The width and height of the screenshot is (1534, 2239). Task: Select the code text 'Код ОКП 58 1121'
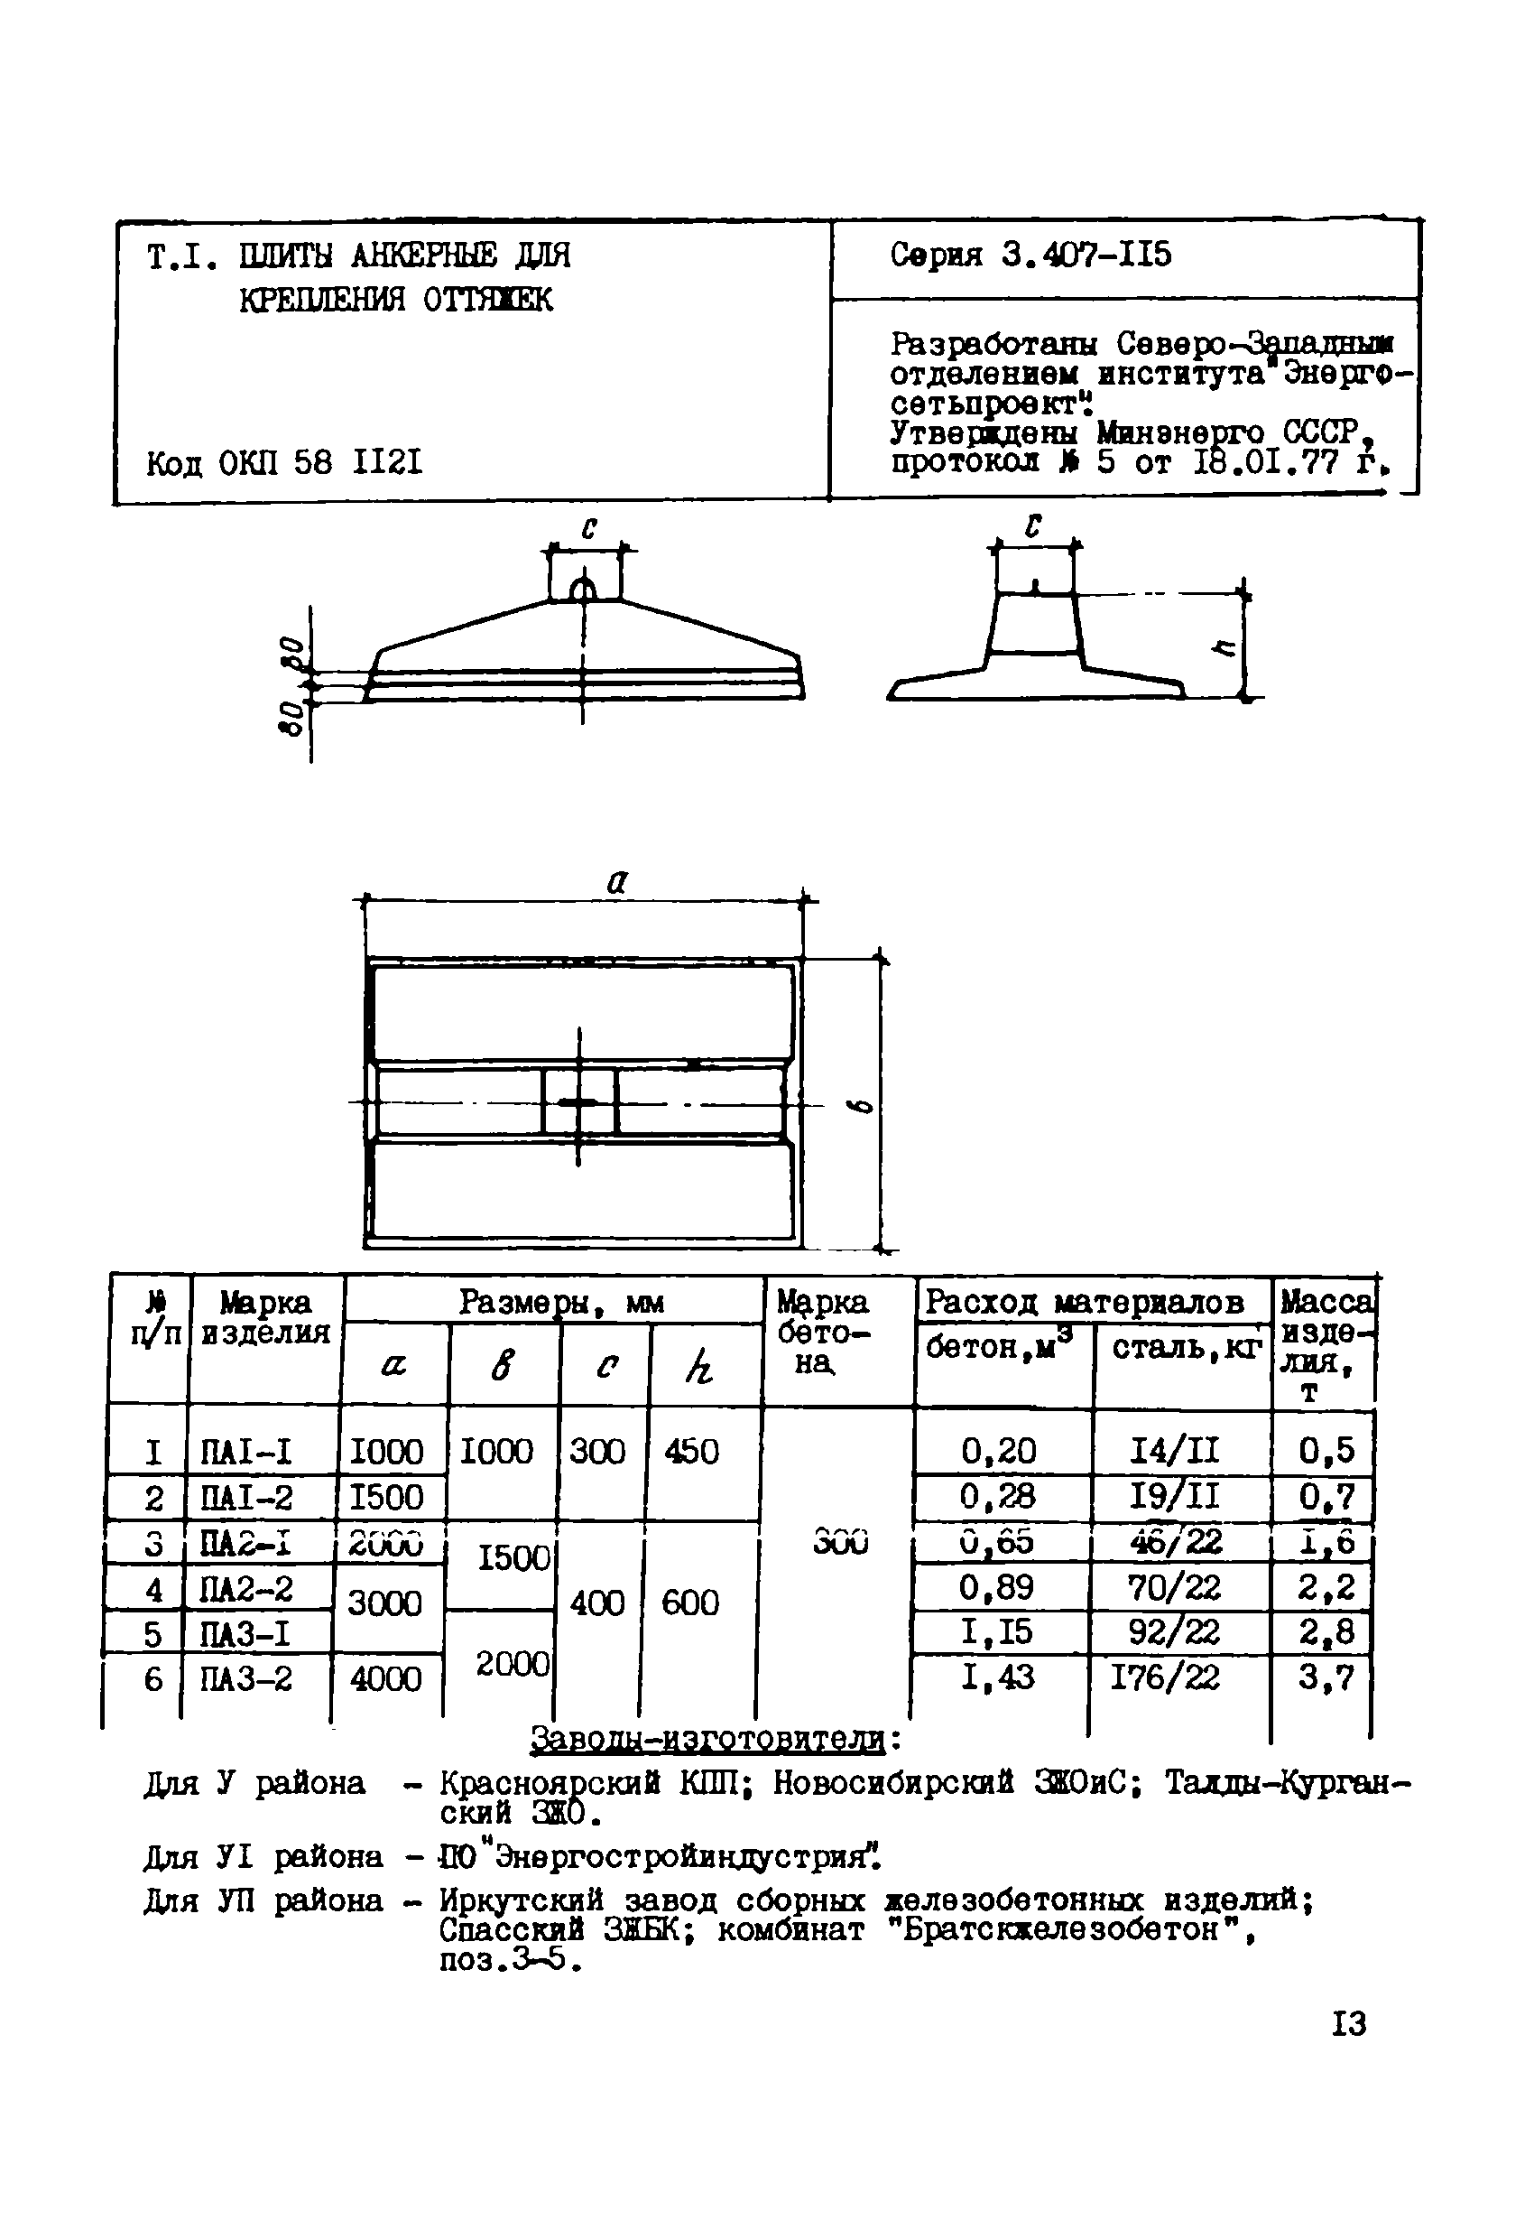[284, 463]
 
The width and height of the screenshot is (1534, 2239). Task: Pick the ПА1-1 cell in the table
[245, 1451]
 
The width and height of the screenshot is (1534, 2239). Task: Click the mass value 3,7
[1325, 1677]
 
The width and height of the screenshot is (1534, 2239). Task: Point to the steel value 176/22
[1164, 1677]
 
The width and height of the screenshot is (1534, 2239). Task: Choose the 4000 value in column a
[385, 1679]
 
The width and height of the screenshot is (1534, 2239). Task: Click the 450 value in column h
[691, 1451]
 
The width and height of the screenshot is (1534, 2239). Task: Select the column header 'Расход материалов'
[1085, 1303]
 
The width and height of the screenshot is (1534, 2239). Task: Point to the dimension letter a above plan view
[618, 880]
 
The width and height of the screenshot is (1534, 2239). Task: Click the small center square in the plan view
[579, 1101]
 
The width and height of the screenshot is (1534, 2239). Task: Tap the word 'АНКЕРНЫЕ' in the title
[424, 255]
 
